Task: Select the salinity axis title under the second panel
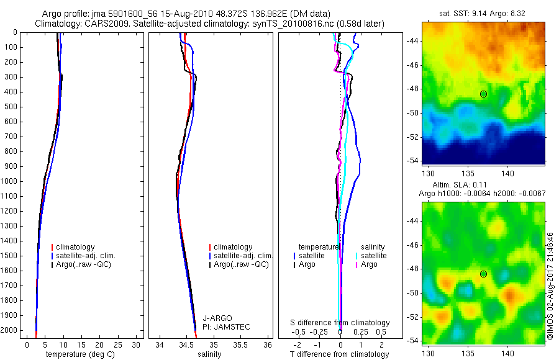click(209, 354)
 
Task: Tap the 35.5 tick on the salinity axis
click(240, 344)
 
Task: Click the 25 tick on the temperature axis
click(118, 344)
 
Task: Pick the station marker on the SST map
click(483, 94)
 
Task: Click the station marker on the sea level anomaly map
click(483, 274)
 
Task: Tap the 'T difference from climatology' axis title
click(340, 354)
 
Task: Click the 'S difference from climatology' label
click(340, 323)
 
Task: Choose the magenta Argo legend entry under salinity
click(366, 264)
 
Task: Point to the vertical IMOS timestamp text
click(550, 287)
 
